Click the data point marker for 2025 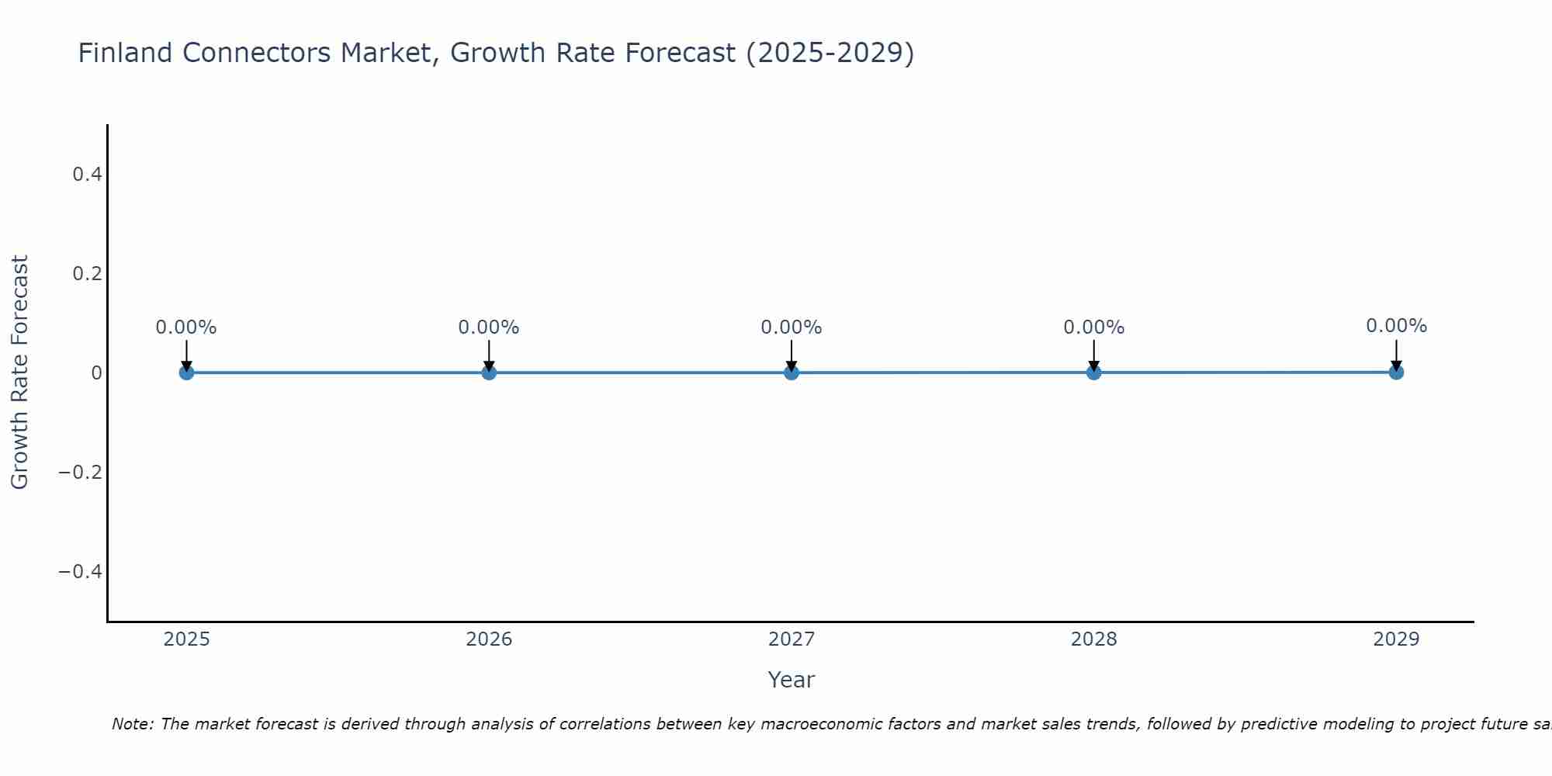click(186, 372)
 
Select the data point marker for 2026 click(489, 372)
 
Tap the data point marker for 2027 click(792, 372)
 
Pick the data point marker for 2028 click(1093, 372)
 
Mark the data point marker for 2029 click(1396, 372)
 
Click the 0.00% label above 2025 click(186, 327)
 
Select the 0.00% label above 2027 click(792, 327)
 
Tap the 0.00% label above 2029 click(1396, 326)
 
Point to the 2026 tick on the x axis click(489, 639)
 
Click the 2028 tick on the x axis click(1093, 639)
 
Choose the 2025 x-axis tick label click(186, 639)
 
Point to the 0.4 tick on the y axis click(87, 175)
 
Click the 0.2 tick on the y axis click(87, 274)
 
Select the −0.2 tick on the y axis click(81, 473)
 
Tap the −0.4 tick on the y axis click(81, 572)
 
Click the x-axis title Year click(791, 680)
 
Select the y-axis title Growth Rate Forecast click(19, 372)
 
